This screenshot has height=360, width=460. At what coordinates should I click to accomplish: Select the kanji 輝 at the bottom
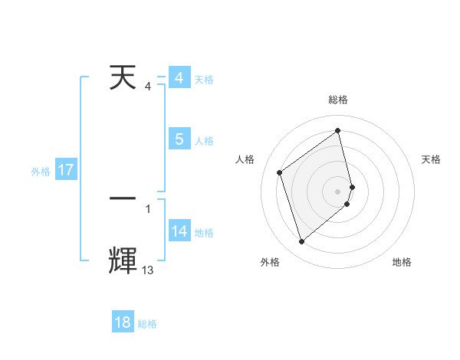(123, 260)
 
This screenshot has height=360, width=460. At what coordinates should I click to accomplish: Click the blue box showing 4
(179, 78)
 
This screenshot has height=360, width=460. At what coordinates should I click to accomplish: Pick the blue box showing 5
(179, 139)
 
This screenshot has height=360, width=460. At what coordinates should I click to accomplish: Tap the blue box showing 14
(179, 231)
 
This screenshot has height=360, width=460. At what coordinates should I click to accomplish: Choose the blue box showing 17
(66, 170)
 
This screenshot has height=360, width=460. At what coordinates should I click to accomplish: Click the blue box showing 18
(123, 322)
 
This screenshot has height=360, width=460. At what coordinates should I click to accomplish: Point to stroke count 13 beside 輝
(147, 270)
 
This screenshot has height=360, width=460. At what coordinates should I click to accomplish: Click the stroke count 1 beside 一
(147, 208)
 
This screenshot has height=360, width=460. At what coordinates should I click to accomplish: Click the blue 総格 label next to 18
(147, 324)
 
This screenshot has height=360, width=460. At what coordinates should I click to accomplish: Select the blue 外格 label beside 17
(41, 172)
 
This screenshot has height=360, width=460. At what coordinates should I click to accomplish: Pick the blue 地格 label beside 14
(204, 233)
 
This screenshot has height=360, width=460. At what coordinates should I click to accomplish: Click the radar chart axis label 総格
(338, 100)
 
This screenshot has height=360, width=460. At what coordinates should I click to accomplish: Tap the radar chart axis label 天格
(431, 159)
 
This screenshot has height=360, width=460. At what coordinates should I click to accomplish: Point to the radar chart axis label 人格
(245, 159)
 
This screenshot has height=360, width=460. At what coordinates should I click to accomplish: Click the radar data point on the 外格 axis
(301, 242)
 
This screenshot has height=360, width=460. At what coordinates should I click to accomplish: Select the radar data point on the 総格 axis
(338, 130)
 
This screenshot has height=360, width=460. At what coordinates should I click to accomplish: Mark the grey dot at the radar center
(338, 191)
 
